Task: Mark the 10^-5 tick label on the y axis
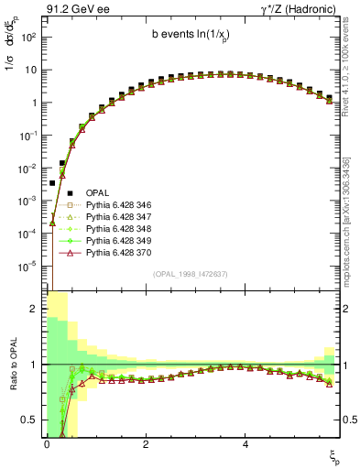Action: tap(29, 267)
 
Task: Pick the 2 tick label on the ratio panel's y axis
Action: tap(34, 309)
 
